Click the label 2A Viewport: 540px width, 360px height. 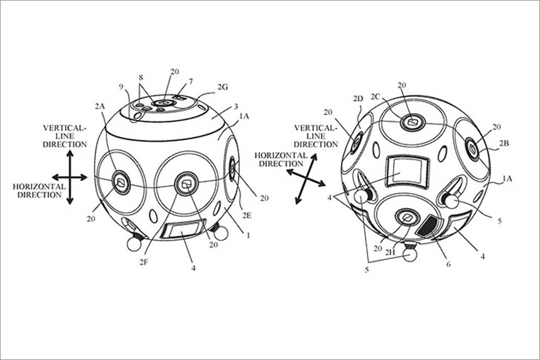point(100,107)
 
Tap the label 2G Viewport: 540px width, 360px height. point(222,87)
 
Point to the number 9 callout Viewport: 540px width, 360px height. point(121,87)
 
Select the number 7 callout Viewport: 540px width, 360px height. point(190,82)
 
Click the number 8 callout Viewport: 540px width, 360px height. point(141,77)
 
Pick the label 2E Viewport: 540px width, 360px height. point(247,215)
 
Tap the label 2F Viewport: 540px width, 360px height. point(144,262)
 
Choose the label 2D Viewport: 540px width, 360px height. point(358,99)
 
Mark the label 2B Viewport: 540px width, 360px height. point(504,143)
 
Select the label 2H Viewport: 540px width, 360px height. point(390,253)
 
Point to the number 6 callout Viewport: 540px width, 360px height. point(448,265)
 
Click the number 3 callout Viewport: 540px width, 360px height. point(236,107)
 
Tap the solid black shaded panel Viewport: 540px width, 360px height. point(426,226)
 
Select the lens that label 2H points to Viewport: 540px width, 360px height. point(407,218)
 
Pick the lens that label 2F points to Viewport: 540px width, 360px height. point(186,184)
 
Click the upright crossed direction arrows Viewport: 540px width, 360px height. point(70,178)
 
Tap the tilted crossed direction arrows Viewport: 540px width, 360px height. point(306,178)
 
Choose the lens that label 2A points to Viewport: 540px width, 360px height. point(121,182)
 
